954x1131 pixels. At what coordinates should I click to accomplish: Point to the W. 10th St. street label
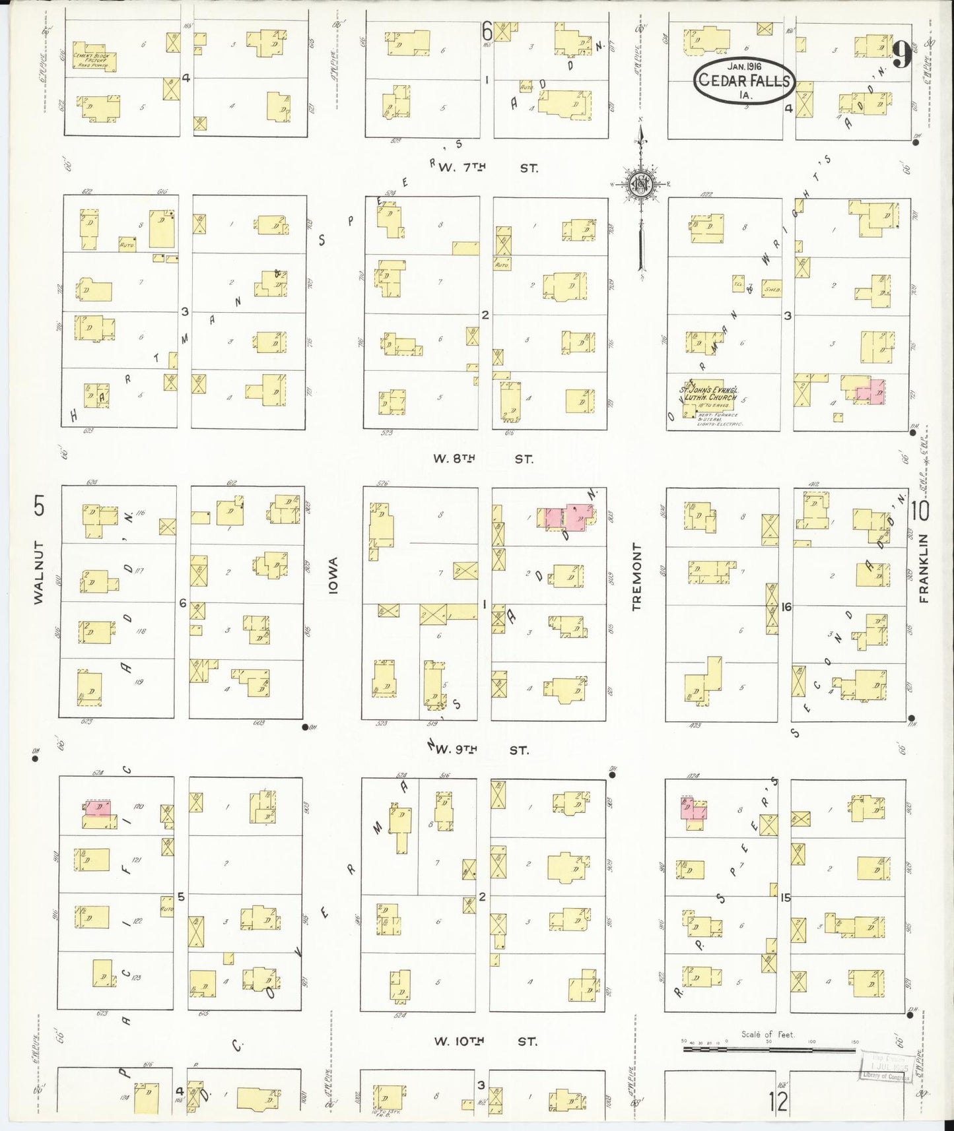click(485, 1041)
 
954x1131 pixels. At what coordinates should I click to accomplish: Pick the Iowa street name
click(333, 576)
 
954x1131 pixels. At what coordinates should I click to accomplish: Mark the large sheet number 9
click(902, 55)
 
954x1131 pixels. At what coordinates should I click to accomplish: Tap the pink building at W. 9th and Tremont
click(693, 810)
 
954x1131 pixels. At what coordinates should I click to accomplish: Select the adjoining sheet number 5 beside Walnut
click(40, 507)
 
